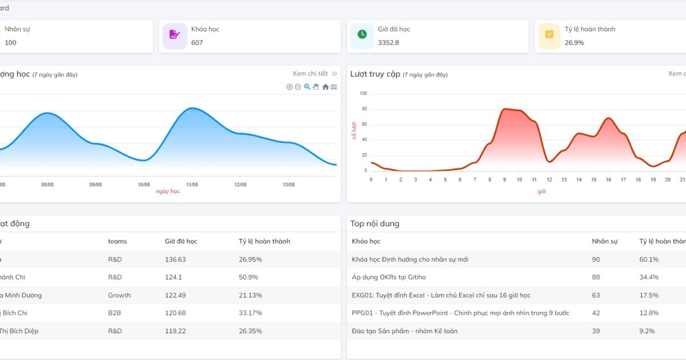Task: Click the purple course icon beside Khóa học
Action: coord(174,35)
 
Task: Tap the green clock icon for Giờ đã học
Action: coord(362,35)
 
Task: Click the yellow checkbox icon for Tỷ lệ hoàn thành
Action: coord(549,35)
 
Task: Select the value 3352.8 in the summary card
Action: coord(388,43)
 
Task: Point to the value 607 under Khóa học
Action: coord(197,43)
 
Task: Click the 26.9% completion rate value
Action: coord(574,43)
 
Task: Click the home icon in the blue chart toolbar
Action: coord(325,87)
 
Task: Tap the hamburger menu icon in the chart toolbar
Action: coord(334,87)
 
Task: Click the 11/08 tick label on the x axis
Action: coord(192,185)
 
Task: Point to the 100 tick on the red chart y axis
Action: coord(363,93)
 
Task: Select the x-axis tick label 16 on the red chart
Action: coord(609,180)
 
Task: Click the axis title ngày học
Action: coord(167,191)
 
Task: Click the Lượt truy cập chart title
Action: coord(375,74)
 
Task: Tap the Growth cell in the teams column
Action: coord(119,295)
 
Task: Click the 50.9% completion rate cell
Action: coord(248,277)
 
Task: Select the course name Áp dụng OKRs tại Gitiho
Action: coord(389,277)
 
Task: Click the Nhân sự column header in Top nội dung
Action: coord(605,241)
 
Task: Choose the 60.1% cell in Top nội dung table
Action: coord(649,259)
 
